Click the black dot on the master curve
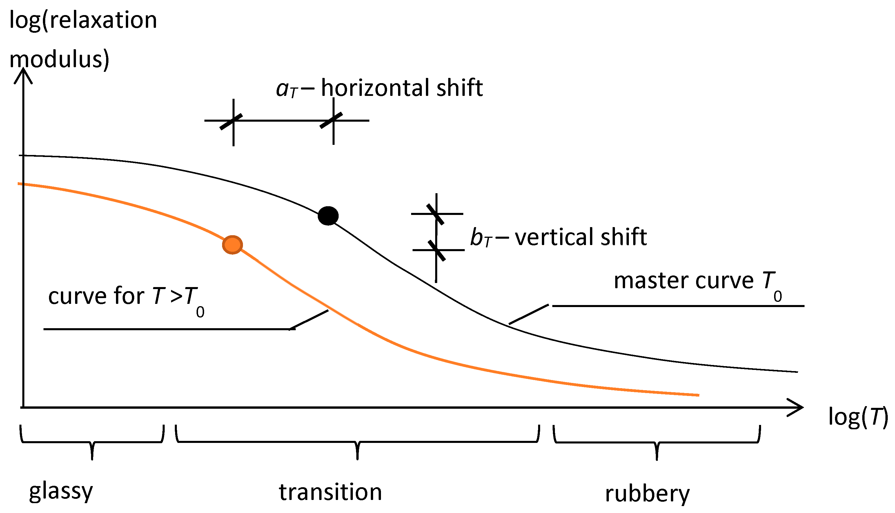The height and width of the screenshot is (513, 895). click(x=328, y=216)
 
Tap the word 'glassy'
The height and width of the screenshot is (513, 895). click(x=61, y=491)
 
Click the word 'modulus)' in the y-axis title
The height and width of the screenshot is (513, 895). click(x=59, y=59)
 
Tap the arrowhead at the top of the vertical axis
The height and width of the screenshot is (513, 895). click(x=23, y=75)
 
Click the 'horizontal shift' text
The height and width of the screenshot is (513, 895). click(x=402, y=88)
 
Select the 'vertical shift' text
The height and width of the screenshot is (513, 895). click(x=581, y=237)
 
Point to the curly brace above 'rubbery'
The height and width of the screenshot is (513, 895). click(x=657, y=443)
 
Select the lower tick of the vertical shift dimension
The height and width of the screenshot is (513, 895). click(x=437, y=250)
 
